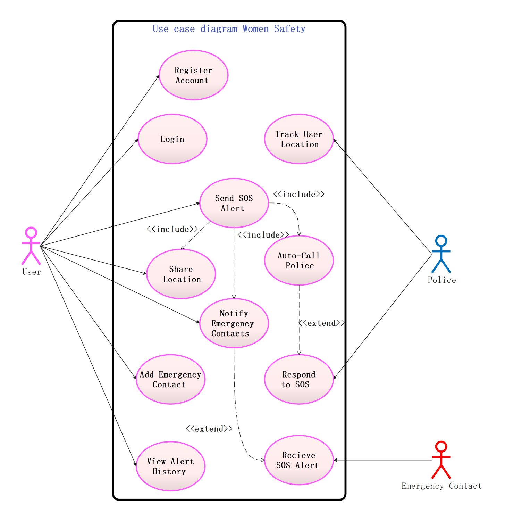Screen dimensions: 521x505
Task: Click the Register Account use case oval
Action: (x=193, y=75)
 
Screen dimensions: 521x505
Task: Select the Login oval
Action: (x=172, y=139)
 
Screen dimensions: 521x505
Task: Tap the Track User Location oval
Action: (x=298, y=139)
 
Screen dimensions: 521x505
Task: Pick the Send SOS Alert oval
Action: (x=234, y=203)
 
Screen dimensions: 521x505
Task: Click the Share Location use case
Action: (x=181, y=274)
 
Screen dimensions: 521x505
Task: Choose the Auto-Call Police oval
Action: (x=298, y=260)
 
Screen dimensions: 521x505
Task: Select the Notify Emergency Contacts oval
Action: (x=234, y=323)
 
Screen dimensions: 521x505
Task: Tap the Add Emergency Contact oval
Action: (x=170, y=379)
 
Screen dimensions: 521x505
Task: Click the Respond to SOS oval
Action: (x=298, y=379)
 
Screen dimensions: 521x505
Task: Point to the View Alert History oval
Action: (x=170, y=466)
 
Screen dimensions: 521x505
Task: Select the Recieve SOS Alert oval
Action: (x=298, y=460)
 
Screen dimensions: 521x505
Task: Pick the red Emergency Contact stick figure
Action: (x=441, y=460)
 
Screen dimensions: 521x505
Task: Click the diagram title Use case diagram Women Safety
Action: (x=229, y=29)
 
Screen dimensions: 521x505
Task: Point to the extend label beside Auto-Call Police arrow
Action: (x=321, y=323)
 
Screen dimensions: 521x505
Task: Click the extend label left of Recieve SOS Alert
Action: (x=209, y=429)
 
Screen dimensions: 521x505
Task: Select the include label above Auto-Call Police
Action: (x=299, y=194)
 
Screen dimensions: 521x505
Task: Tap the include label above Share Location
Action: (x=172, y=229)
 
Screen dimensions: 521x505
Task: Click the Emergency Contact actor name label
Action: (x=441, y=486)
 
